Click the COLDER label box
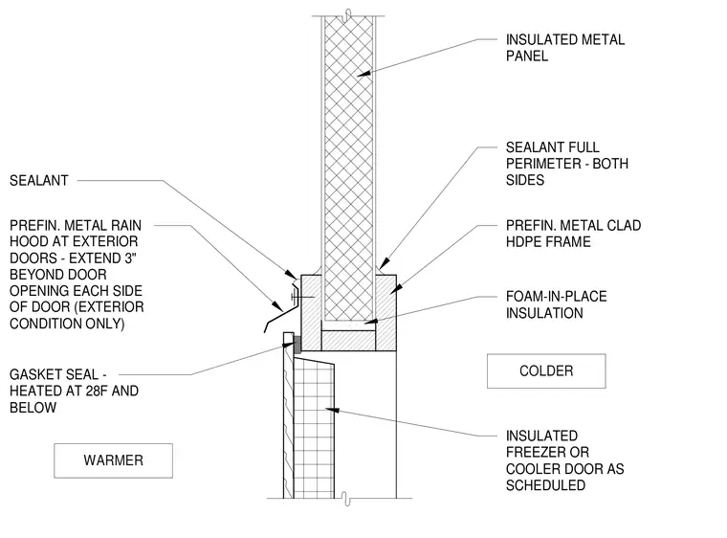(x=546, y=370)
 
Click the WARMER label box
(x=113, y=460)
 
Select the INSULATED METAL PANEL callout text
(x=565, y=47)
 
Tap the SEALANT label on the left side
(x=39, y=180)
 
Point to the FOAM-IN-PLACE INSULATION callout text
(x=557, y=304)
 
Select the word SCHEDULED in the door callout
(x=545, y=485)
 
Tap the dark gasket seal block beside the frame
(x=297, y=344)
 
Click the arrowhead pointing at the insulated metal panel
(x=363, y=73)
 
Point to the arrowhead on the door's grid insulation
(x=333, y=410)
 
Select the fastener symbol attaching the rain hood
(x=297, y=297)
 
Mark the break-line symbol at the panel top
(x=347, y=15)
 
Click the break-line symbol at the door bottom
(x=346, y=499)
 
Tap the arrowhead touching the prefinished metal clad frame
(x=396, y=289)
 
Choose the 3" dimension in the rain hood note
(x=131, y=258)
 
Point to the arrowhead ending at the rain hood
(x=277, y=306)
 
